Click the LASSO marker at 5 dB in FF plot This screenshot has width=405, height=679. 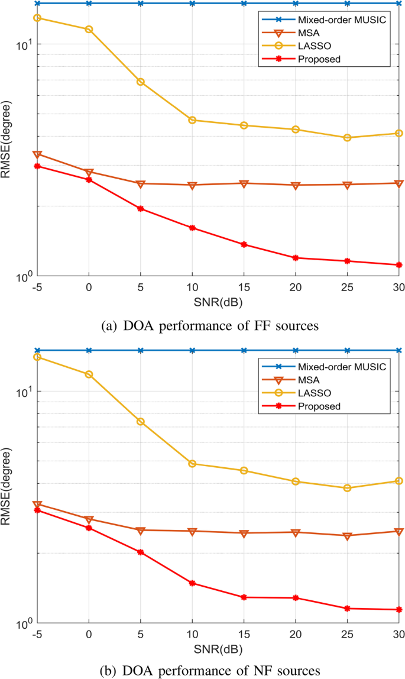[141, 82]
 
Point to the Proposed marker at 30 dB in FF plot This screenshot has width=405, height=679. [399, 265]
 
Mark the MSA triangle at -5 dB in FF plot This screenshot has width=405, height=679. [37, 155]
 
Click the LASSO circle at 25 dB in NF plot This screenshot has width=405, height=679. [348, 488]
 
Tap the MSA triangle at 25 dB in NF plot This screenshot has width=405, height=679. [348, 536]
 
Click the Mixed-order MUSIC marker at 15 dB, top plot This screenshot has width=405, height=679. [244, 4]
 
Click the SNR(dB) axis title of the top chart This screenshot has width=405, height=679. [218, 300]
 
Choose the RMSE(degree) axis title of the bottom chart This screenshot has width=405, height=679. [7, 487]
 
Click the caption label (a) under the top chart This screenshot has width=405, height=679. [109, 324]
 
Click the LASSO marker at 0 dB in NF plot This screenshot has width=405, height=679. [89, 374]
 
